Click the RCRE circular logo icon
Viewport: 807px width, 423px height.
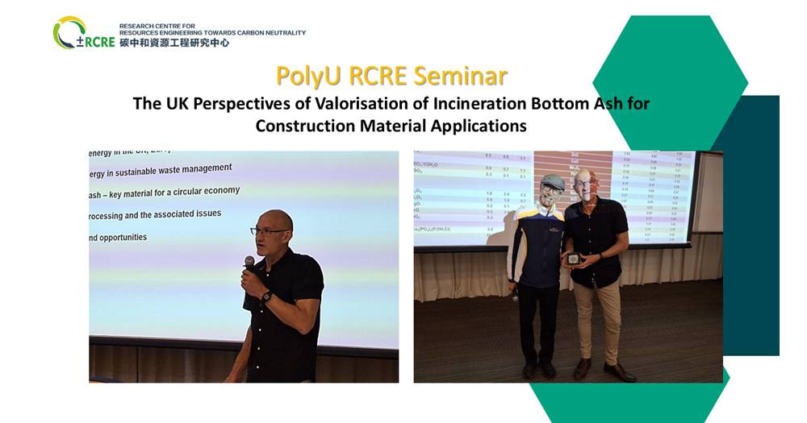tap(69, 33)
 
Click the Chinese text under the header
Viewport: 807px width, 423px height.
tap(174, 43)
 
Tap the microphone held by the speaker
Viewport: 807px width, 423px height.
tap(249, 263)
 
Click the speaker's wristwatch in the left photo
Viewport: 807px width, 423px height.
tap(267, 296)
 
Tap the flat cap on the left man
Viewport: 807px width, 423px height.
tap(551, 181)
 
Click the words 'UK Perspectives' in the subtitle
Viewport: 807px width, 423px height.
tap(229, 104)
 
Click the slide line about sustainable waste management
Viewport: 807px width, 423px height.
tap(161, 168)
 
